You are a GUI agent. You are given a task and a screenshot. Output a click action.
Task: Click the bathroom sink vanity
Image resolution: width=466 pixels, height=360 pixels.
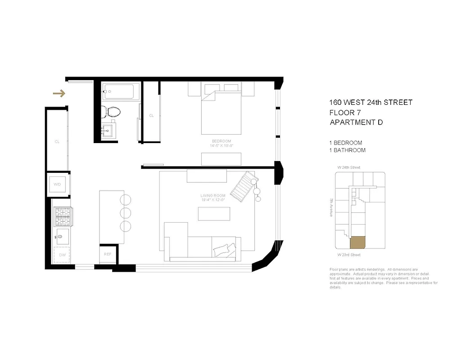click(109, 131)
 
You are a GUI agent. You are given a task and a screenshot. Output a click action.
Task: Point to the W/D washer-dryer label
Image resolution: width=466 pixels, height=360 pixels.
click(57, 184)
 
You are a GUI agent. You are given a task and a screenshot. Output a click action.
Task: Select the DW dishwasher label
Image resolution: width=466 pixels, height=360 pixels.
click(62, 255)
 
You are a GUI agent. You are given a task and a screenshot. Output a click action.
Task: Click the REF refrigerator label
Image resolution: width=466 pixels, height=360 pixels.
click(108, 254)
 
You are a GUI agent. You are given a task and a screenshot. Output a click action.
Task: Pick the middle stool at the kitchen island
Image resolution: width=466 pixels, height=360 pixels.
click(126, 212)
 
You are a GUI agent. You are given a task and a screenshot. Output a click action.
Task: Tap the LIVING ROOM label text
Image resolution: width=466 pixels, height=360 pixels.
click(213, 195)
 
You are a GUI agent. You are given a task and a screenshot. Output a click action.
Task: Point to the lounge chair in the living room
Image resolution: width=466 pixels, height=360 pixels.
click(243, 185)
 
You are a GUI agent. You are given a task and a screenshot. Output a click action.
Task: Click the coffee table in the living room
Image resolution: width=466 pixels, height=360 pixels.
click(214, 213)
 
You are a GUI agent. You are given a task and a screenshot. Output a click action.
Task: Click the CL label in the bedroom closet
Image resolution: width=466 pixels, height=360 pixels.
click(151, 116)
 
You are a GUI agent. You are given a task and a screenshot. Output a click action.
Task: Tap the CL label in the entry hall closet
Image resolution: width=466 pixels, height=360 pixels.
click(57, 142)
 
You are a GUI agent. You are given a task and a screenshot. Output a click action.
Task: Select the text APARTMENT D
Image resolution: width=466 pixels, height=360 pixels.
click(356, 122)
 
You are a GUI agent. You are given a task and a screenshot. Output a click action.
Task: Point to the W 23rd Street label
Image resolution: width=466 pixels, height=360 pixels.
click(349, 255)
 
